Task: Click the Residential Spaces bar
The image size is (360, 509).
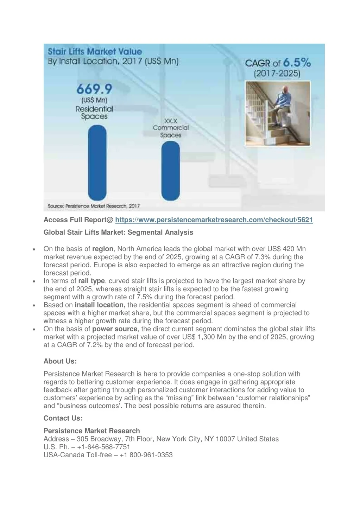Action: [x=97, y=163]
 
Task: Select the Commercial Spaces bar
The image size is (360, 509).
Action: [x=170, y=171]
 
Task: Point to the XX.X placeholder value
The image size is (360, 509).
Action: [x=171, y=120]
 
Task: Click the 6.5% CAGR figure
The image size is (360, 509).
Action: [x=297, y=63]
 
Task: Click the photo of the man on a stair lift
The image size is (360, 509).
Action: [x=278, y=113]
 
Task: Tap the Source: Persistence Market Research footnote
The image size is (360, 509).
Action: [x=94, y=206]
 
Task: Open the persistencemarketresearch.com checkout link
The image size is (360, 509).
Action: [x=214, y=220]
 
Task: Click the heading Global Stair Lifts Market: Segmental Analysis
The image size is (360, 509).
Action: [x=118, y=232]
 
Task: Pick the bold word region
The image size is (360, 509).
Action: [x=103, y=249]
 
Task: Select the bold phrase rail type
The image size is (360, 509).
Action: [x=91, y=281]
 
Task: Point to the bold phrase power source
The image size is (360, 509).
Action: [x=115, y=329]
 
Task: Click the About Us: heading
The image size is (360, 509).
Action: [x=60, y=361]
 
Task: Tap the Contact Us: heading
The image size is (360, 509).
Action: [x=63, y=418]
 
